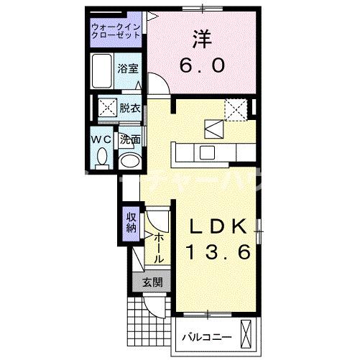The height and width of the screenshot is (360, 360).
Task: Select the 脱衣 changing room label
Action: click(x=130, y=109)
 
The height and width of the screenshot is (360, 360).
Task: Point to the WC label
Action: click(x=100, y=139)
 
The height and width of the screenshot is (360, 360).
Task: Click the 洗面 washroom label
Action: click(x=130, y=139)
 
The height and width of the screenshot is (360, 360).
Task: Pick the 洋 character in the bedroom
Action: click(x=201, y=37)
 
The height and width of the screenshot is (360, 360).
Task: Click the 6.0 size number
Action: click(x=202, y=65)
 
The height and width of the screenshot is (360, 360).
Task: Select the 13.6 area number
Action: click(x=219, y=252)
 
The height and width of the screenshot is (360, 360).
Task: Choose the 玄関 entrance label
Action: click(x=151, y=282)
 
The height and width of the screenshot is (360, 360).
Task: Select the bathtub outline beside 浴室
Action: click(x=103, y=70)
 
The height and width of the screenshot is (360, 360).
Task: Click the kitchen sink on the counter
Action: click(x=208, y=152)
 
